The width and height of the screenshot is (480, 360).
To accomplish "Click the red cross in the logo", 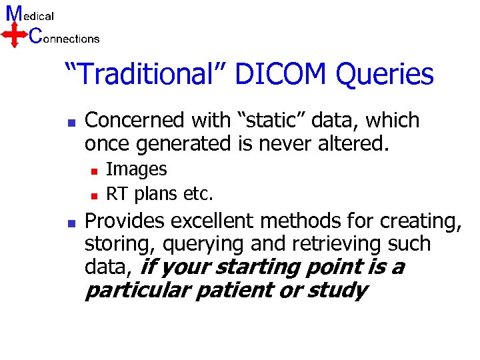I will pos(15,33).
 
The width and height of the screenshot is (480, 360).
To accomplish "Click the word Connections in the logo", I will pos(65,38).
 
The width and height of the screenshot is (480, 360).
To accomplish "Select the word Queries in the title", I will pos(385,75).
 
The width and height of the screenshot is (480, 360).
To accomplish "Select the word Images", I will pos(137,170).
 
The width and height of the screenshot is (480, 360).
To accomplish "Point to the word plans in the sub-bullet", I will pos(155,195).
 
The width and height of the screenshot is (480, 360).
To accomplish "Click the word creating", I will pos(421,221).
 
